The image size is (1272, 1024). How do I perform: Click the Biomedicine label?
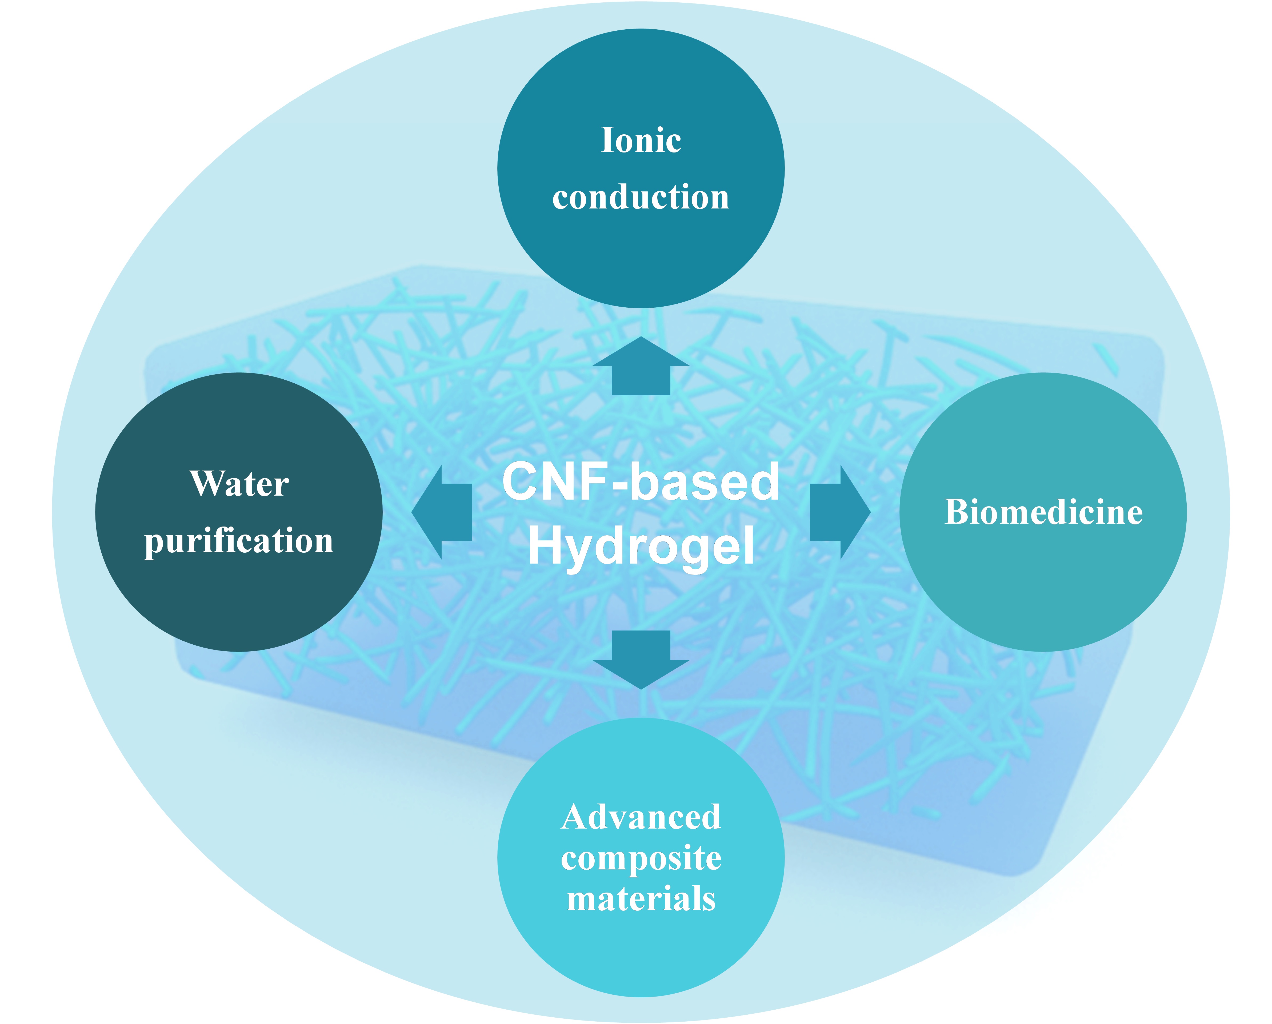coord(1043,512)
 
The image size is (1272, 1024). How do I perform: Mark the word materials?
coord(641,899)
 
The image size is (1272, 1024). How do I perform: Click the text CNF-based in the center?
coord(641,482)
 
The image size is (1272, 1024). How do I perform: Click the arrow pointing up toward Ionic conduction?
coord(641,367)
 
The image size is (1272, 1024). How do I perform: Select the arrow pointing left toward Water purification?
coord(442,512)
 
